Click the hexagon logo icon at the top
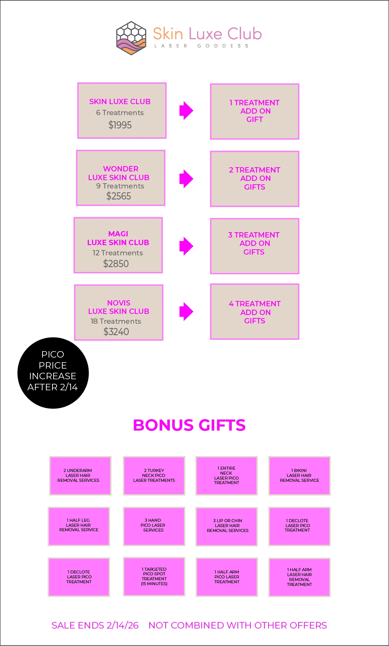pyautogui.click(x=131, y=38)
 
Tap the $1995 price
pyautogui.click(x=120, y=125)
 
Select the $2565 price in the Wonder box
pyautogui.click(x=119, y=196)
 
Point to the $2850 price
pyautogui.click(x=116, y=264)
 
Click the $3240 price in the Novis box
pyautogui.click(x=116, y=332)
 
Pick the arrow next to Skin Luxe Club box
pyautogui.click(x=186, y=111)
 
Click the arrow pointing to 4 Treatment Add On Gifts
pyautogui.click(x=186, y=312)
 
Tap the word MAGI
pyautogui.click(x=118, y=234)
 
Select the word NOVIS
pyautogui.click(x=119, y=303)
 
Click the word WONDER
pyautogui.click(x=121, y=169)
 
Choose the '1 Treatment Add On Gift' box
pyautogui.click(x=255, y=111)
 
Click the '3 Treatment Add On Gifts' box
pyautogui.click(x=255, y=246)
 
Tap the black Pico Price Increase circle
pyautogui.click(x=53, y=373)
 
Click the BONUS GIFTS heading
pyautogui.click(x=189, y=425)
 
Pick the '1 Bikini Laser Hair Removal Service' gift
pyautogui.click(x=299, y=475)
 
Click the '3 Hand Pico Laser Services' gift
pyautogui.click(x=154, y=526)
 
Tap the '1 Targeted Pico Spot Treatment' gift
pyautogui.click(x=154, y=576)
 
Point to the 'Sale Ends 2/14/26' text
pyautogui.click(x=95, y=625)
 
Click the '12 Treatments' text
pyautogui.click(x=118, y=253)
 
